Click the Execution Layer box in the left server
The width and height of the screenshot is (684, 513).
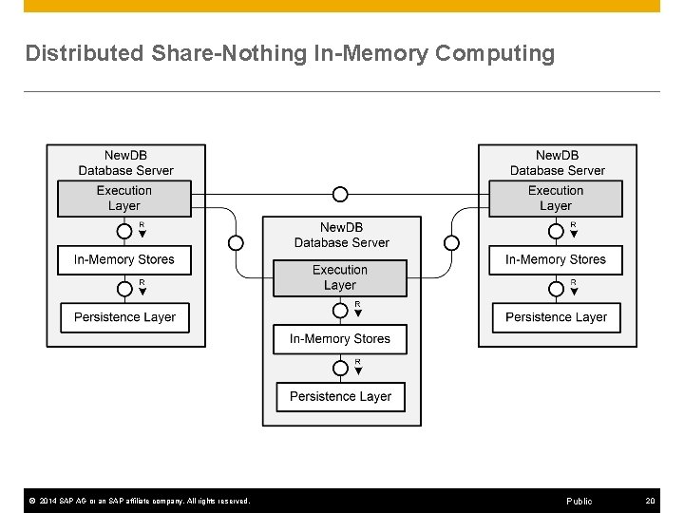pos(124,199)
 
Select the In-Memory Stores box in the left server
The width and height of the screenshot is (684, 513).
pos(124,259)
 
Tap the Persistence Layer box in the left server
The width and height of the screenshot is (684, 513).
pos(124,317)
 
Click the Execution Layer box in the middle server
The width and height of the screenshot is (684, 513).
pos(340,277)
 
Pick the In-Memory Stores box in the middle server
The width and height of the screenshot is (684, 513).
pos(340,339)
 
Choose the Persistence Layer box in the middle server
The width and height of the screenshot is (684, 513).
pos(340,396)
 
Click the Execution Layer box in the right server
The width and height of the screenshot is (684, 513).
pos(556,199)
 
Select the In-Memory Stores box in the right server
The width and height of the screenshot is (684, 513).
pos(556,259)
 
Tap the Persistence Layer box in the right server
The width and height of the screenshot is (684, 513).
pos(556,317)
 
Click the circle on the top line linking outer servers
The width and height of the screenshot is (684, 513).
pos(340,195)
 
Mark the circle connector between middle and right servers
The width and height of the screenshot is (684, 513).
pos(451,243)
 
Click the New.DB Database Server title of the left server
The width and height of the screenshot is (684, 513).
pos(125,162)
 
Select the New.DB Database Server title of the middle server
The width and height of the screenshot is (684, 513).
pos(341,235)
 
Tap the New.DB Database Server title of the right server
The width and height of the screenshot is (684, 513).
pos(557,162)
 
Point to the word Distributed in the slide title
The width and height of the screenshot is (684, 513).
pos(85,54)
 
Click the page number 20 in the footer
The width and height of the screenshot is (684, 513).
pos(650,501)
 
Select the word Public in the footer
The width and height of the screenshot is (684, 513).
pos(579,501)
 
